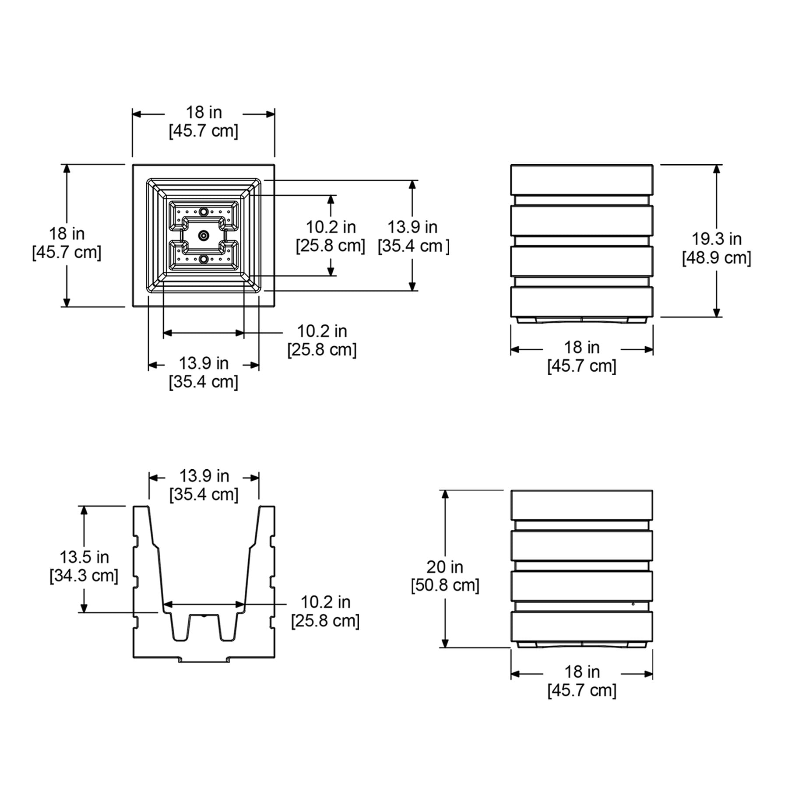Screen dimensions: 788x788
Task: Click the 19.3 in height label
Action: pyautogui.click(x=717, y=239)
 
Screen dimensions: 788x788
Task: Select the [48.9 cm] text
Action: pyautogui.click(x=717, y=258)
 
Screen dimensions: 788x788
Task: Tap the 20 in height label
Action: pyautogui.click(x=445, y=567)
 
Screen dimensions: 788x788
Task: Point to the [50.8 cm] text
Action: pyautogui.click(x=445, y=585)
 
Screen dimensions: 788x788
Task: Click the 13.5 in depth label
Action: pyautogui.click(x=84, y=557)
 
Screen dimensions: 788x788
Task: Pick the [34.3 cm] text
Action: pyautogui.click(x=84, y=576)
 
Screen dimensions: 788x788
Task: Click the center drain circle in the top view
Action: pyautogui.click(x=203, y=236)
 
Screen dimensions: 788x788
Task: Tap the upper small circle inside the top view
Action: pyautogui.click(x=203, y=212)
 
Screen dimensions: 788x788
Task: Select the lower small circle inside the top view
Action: pyautogui.click(x=203, y=260)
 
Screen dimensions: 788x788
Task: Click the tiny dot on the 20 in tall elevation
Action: pyautogui.click(x=633, y=604)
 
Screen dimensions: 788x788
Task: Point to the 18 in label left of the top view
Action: pyautogui.click(x=67, y=234)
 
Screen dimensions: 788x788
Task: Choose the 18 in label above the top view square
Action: pyautogui.click(x=204, y=113)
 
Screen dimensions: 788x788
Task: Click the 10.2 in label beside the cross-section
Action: pyautogui.click(x=325, y=602)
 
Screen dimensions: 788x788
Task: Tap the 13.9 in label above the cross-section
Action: pyautogui.click(x=204, y=476)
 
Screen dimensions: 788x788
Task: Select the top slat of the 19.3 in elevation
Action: pyautogui.click(x=582, y=180)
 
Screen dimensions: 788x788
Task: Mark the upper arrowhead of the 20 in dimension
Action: pyautogui.click(x=445, y=495)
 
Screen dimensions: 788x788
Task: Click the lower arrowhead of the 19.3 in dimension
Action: pyautogui.click(x=717, y=312)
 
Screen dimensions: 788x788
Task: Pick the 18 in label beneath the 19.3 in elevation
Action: pyautogui.click(x=582, y=348)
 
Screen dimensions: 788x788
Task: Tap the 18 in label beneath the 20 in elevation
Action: pyautogui.click(x=582, y=672)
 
